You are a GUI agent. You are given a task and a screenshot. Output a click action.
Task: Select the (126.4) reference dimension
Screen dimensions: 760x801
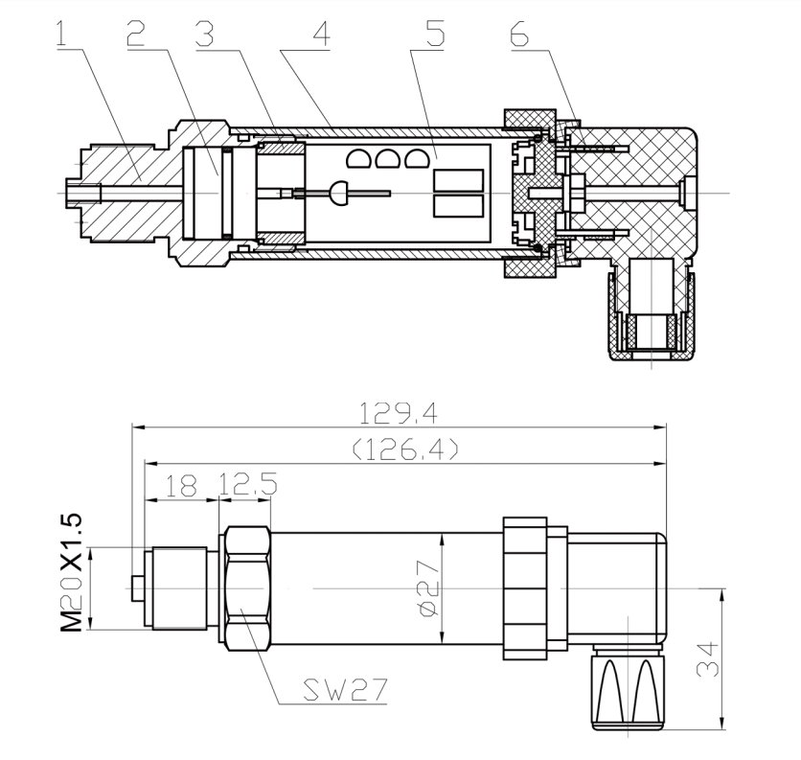click(x=402, y=449)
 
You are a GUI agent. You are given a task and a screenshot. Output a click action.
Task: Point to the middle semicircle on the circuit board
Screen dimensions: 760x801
click(x=388, y=157)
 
